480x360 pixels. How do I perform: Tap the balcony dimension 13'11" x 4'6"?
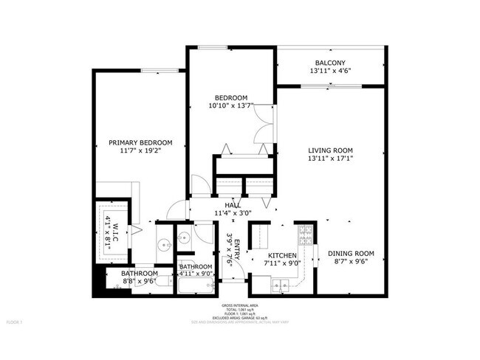coord(330,72)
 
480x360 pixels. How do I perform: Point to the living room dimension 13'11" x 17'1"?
coord(330,157)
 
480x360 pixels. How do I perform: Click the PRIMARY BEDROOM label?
coord(140,142)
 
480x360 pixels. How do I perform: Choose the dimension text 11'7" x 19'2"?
coord(140,150)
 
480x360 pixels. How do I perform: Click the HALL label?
coord(233,205)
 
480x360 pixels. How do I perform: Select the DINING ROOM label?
coord(351,254)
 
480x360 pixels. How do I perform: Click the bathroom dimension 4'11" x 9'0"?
coord(196,274)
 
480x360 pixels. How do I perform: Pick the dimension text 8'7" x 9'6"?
coord(351,262)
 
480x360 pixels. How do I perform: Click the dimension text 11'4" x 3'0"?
coord(233,213)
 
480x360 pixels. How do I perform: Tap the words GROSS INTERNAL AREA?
coord(240,305)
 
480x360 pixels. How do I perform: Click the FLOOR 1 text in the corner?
coord(15,322)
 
